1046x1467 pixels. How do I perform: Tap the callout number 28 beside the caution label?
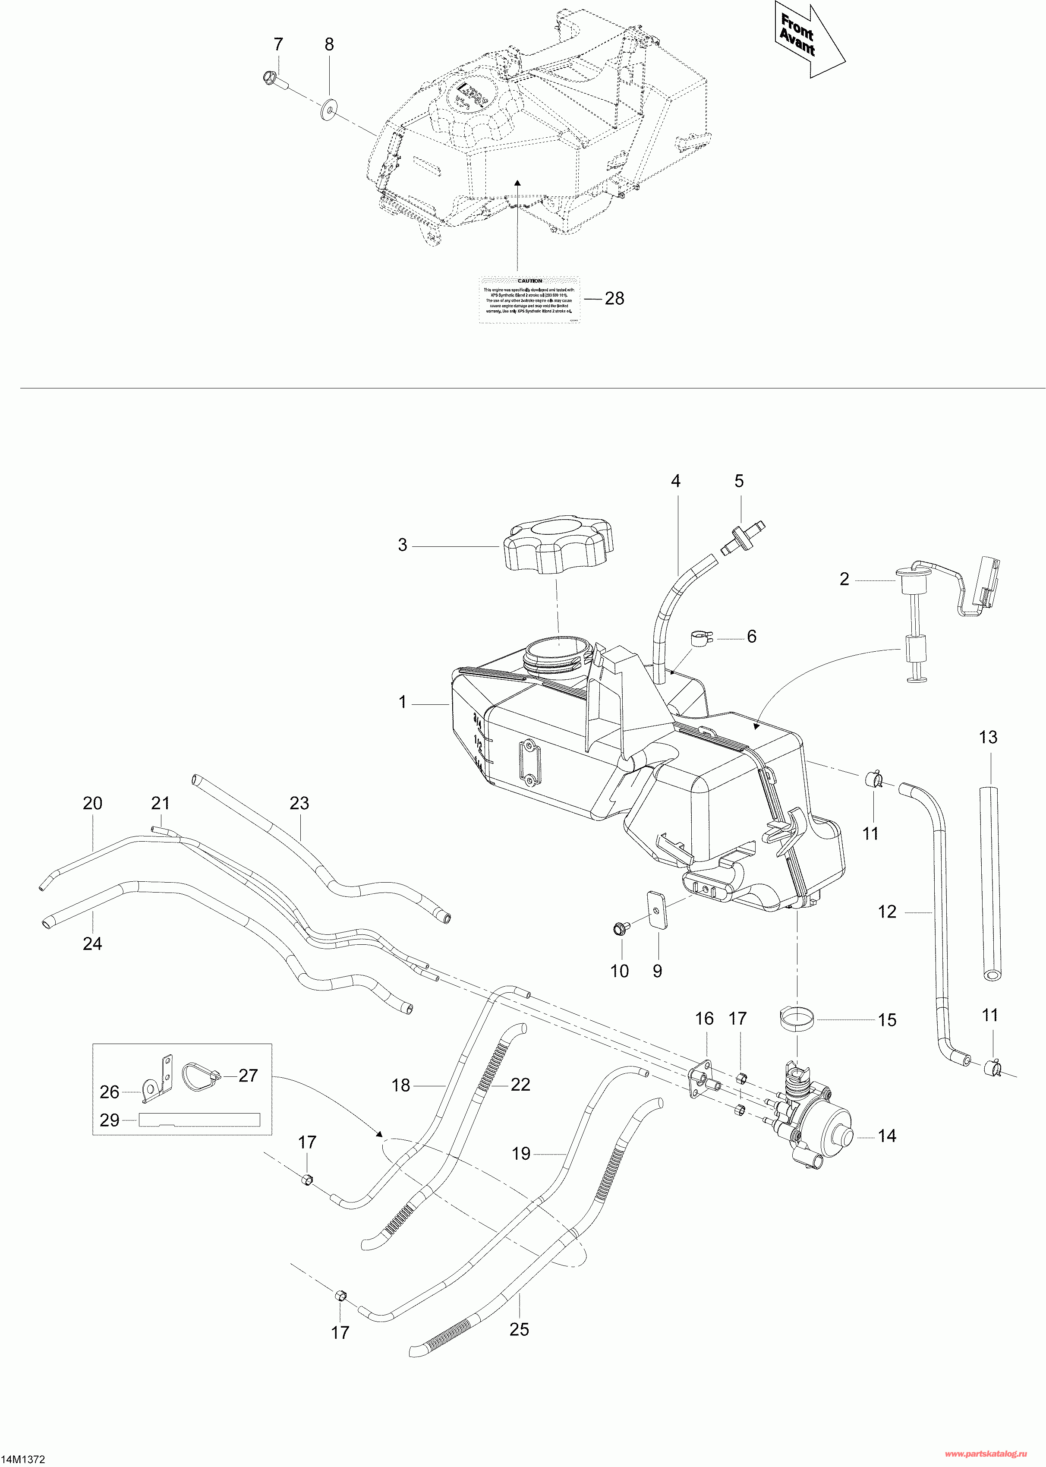[x=614, y=298]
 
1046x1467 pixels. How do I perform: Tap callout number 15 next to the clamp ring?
[x=887, y=1020]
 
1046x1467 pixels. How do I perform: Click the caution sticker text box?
[x=529, y=300]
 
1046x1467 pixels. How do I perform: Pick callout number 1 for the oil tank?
[x=403, y=702]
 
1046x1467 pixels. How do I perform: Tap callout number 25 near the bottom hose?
[x=519, y=1329]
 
